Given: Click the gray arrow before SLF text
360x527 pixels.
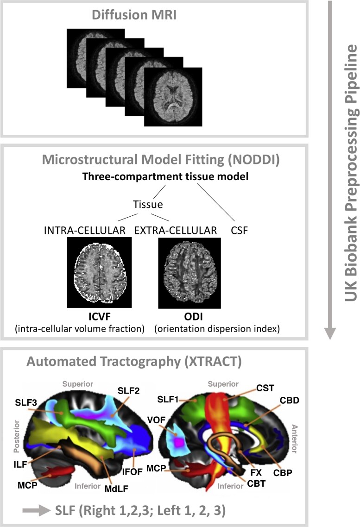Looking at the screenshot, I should click(x=35, y=510).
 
